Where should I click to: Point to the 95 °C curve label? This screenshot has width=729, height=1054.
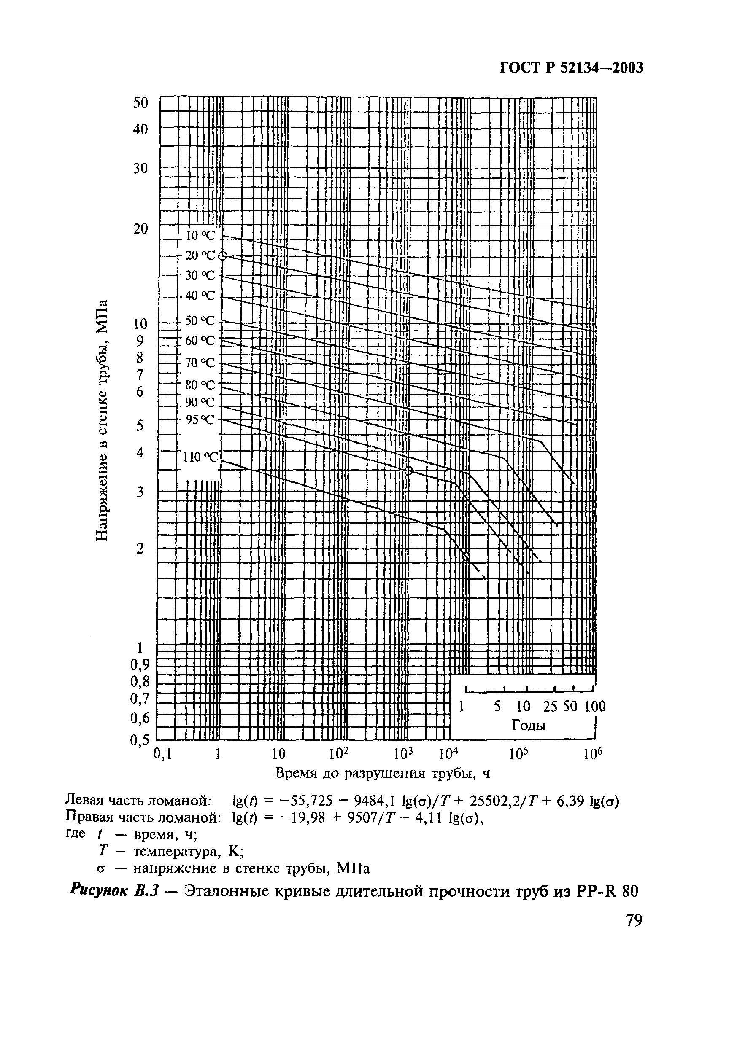200,419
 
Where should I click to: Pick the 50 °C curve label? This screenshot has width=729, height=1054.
200,320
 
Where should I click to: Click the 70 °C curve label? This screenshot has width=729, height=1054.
200,363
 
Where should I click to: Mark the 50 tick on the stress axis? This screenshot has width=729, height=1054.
140,103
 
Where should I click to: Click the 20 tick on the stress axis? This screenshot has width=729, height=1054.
140,228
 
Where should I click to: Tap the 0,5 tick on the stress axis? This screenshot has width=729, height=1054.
139,740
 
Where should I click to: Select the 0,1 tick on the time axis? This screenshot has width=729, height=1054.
162,754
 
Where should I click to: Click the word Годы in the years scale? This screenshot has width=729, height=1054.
529,725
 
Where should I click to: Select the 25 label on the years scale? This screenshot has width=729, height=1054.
551,707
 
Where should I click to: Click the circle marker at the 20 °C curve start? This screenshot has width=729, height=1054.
222,256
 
